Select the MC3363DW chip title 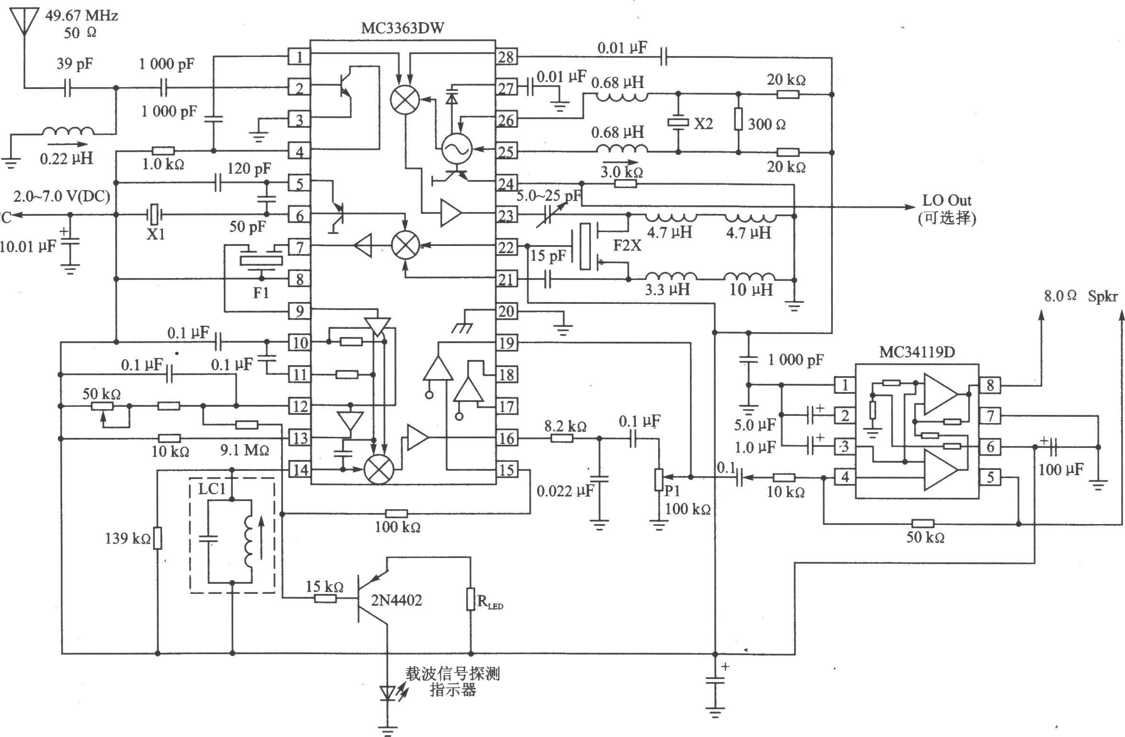click(x=403, y=28)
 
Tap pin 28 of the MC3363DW click(x=506, y=57)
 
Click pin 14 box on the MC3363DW click(x=300, y=469)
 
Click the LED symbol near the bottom click(x=388, y=692)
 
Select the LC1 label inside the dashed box click(x=212, y=489)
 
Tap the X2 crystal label click(x=703, y=124)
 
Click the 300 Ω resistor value click(x=766, y=124)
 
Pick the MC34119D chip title click(x=917, y=352)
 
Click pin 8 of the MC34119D click(x=990, y=385)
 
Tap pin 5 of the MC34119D click(x=990, y=477)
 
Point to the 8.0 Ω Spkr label click(x=1080, y=296)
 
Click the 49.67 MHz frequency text click(x=81, y=16)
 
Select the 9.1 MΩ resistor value click(x=244, y=450)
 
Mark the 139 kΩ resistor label click(x=128, y=539)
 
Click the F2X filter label click(x=627, y=246)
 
